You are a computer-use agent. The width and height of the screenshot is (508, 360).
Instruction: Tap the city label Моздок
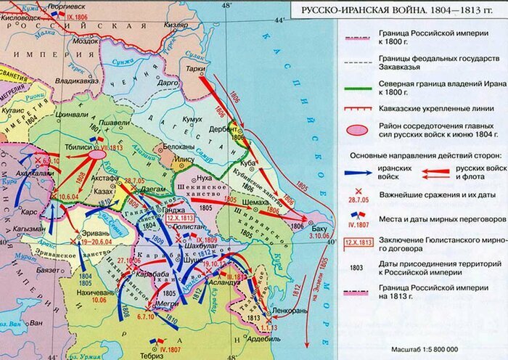(x=89, y=41)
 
